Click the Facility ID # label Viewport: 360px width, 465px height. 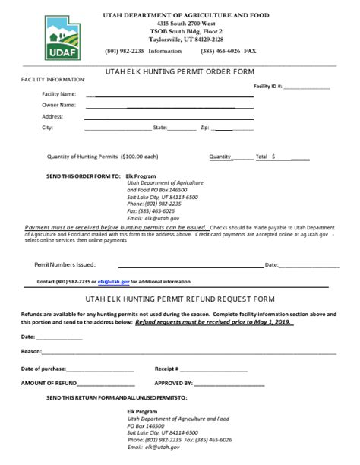point(267,87)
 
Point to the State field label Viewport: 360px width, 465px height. point(159,128)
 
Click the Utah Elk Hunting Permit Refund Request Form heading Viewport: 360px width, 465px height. point(180,299)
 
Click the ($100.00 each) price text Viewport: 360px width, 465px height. point(140,157)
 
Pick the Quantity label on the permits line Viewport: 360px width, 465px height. point(220,157)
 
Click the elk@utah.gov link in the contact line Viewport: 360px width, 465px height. point(115,281)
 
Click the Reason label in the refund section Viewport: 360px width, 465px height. point(31,351)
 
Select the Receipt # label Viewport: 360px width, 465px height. point(166,368)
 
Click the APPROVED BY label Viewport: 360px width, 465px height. point(174,384)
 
